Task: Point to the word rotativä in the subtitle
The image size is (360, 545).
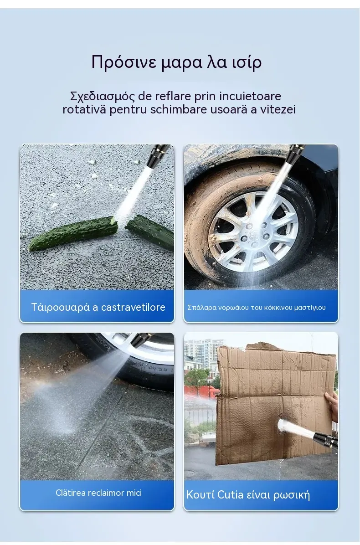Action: click(84, 109)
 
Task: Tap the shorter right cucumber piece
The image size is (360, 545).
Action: click(150, 231)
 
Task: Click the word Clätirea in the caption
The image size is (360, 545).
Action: click(71, 493)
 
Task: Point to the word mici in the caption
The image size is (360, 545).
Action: click(134, 493)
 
